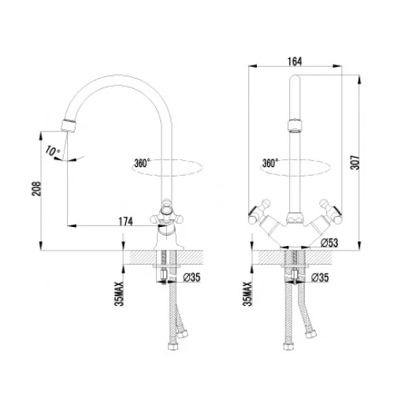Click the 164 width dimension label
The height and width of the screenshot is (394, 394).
click(x=295, y=61)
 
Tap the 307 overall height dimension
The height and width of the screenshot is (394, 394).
click(x=355, y=162)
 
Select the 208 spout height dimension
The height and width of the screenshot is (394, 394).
click(x=36, y=188)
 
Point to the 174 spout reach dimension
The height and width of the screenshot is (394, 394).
click(x=126, y=221)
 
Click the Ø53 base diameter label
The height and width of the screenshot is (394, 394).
click(x=329, y=243)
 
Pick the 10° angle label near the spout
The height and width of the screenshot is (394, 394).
click(x=53, y=151)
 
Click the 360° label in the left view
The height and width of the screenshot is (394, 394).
click(x=142, y=163)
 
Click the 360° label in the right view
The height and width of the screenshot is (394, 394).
click(x=270, y=163)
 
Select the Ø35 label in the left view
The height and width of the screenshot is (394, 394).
click(x=191, y=277)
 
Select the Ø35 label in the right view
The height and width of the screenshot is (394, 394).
click(x=320, y=277)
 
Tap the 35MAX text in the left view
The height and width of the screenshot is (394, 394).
click(x=120, y=294)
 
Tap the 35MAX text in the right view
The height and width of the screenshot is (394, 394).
click(x=247, y=294)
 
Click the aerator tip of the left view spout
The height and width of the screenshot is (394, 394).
click(x=69, y=125)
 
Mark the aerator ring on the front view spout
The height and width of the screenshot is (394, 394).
click(x=295, y=125)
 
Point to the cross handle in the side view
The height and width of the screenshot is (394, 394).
click(x=165, y=214)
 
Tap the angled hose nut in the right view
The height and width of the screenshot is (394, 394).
click(x=311, y=333)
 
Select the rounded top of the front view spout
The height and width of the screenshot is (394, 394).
click(x=295, y=78)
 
